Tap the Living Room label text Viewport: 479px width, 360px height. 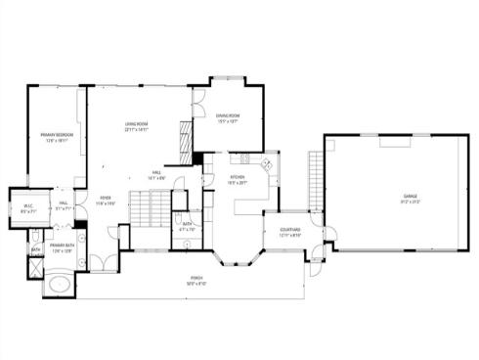point(136,126)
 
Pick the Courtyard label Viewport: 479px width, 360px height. point(289,232)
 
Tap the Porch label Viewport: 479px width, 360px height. point(197,282)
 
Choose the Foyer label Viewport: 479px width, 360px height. point(105,201)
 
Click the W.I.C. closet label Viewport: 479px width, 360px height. point(28,207)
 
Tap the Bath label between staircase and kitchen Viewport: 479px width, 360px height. point(187,227)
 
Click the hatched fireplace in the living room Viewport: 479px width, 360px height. point(182,141)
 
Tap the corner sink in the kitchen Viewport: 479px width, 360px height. point(269,159)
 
